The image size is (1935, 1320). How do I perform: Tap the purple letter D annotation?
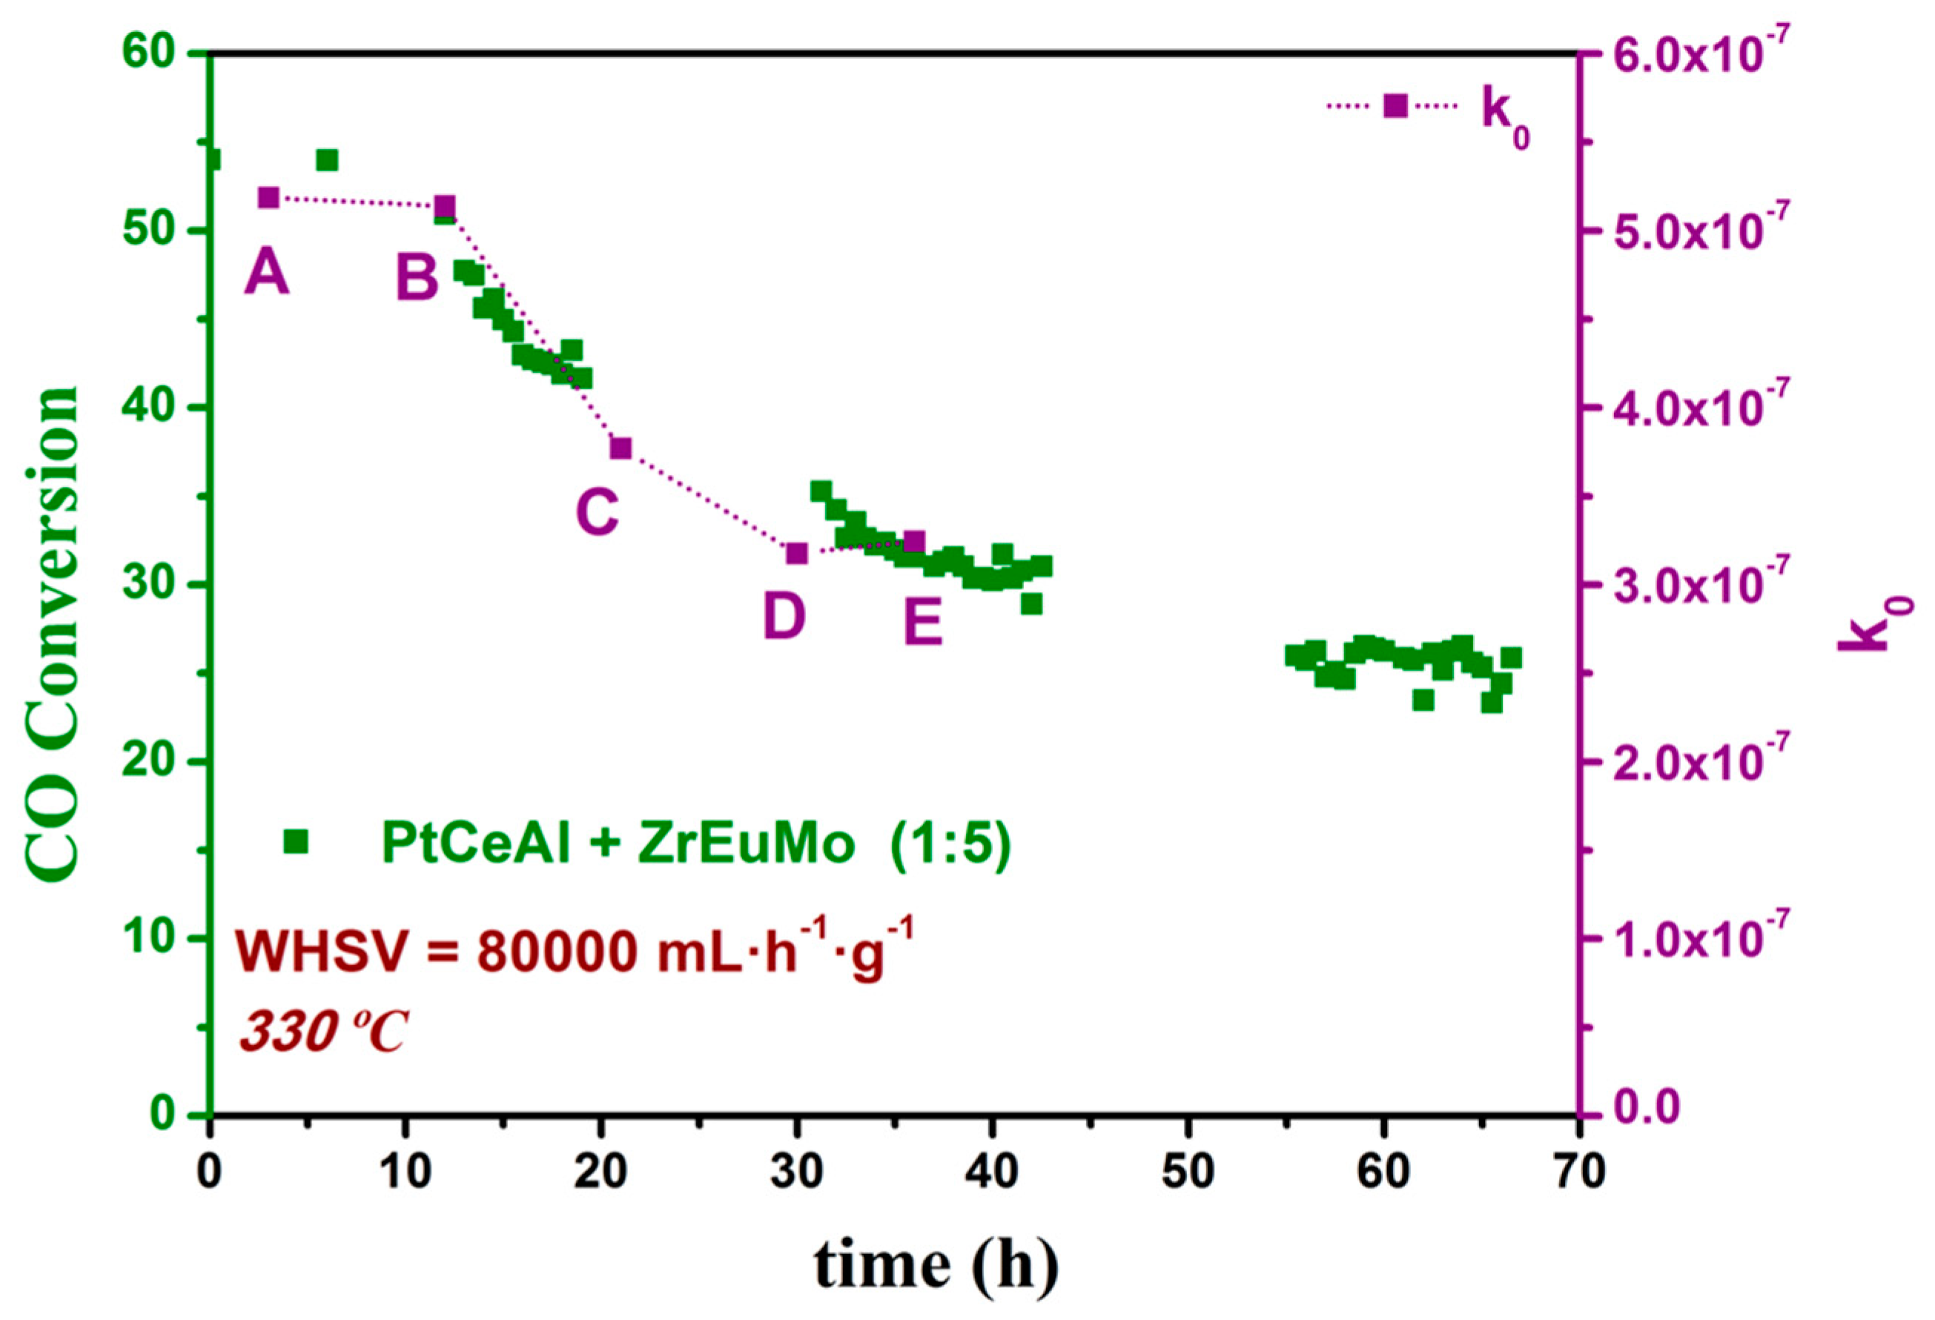click(784, 617)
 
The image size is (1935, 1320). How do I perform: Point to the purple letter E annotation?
click(923, 622)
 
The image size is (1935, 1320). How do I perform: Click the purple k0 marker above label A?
click(268, 197)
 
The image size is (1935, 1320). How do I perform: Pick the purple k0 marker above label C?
click(621, 448)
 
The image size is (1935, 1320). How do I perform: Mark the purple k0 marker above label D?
click(797, 554)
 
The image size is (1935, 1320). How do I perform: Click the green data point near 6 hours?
click(327, 160)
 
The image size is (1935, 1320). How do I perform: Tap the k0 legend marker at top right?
click(1395, 106)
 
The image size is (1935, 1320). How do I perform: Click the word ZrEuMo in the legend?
click(746, 844)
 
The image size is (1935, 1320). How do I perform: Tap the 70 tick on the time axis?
click(1578, 1173)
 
